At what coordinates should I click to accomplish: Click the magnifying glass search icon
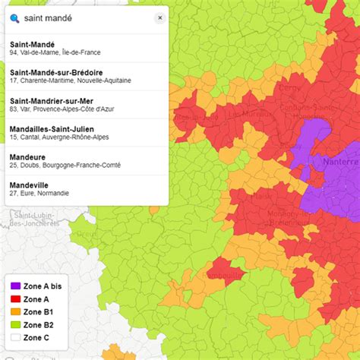(x=15, y=17)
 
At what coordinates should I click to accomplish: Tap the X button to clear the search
(x=159, y=17)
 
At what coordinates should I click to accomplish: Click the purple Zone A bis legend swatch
(x=15, y=286)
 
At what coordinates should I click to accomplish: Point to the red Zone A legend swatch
(x=15, y=299)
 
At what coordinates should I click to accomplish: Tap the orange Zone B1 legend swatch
(x=15, y=312)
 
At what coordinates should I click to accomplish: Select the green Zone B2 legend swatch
(x=15, y=325)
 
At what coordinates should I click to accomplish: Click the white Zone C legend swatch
(x=15, y=338)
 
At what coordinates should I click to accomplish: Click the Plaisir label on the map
(x=261, y=195)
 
